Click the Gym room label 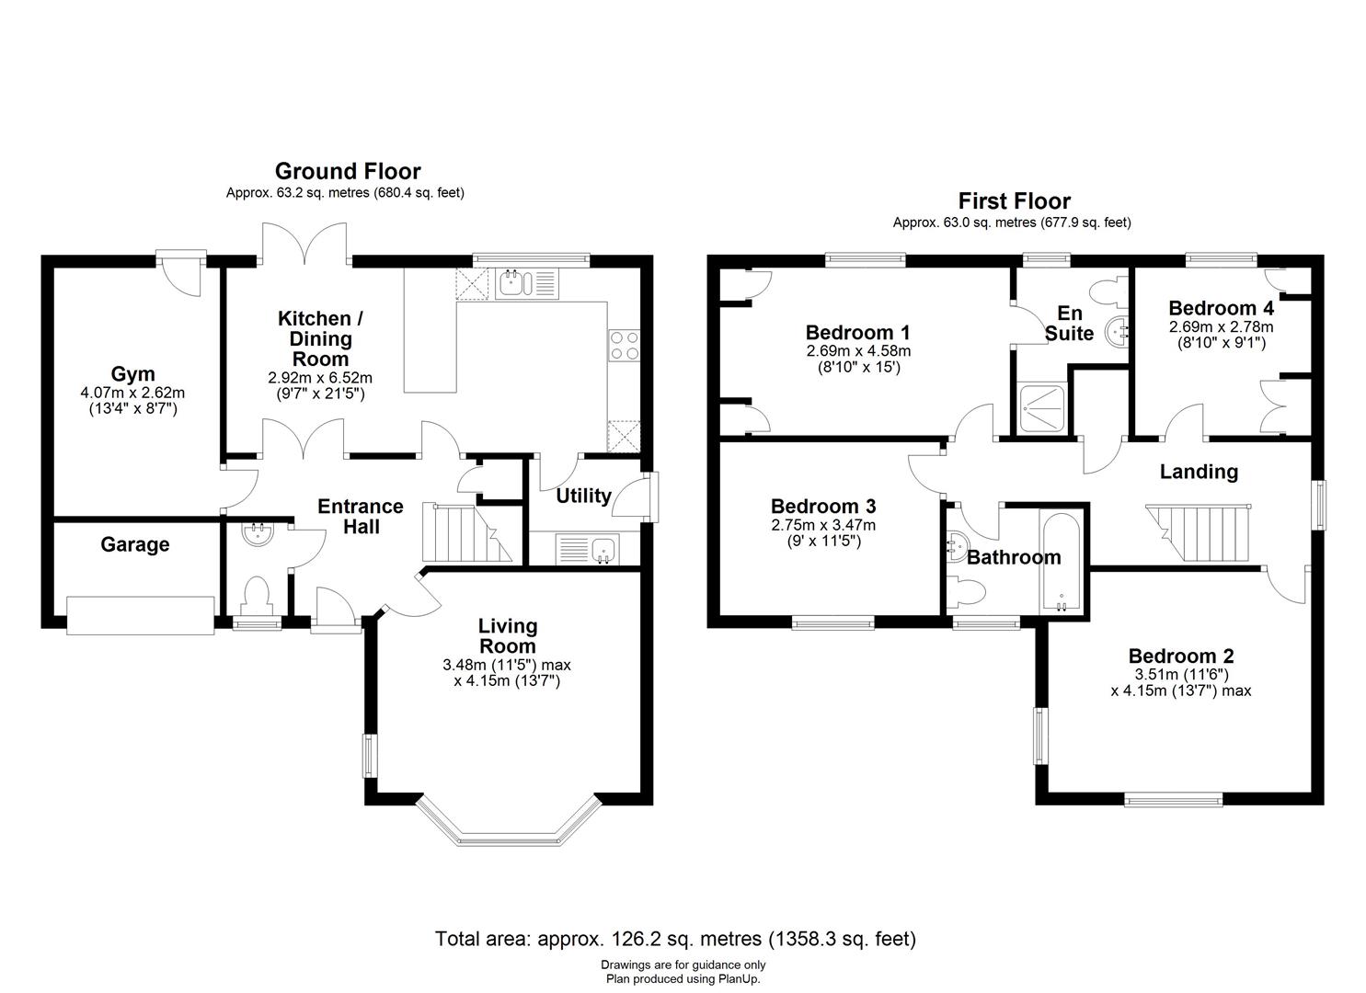(x=132, y=374)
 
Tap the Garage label (x=134, y=544)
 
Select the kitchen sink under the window (x=511, y=283)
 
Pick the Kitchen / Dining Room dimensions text (x=320, y=385)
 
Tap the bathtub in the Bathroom (x=1062, y=561)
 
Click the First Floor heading (x=1014, y=200)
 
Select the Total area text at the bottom (x=674, y=939)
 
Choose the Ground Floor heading (x=348, y=171)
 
